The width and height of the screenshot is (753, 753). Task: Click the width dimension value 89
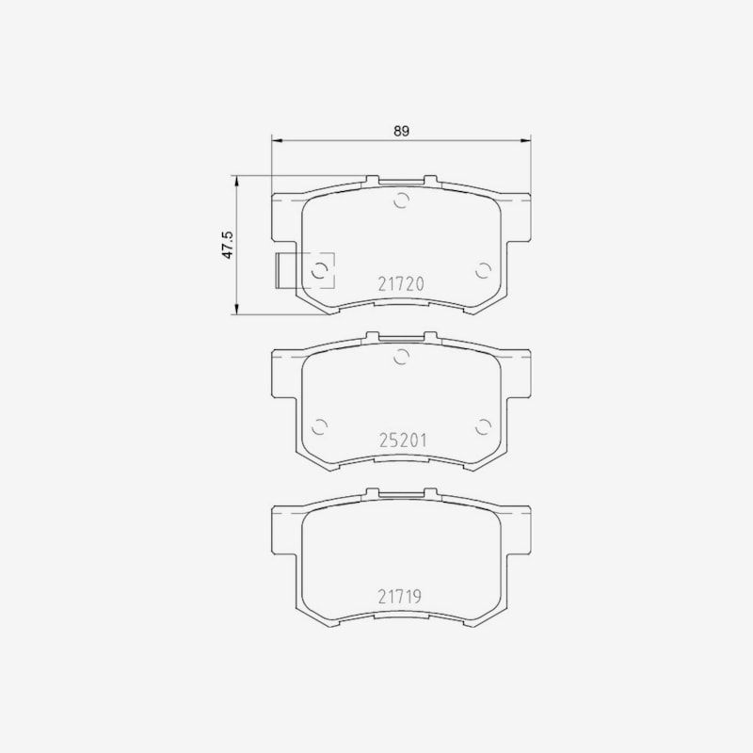coord(402,131)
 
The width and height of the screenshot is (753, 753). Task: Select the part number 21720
coord(401,284)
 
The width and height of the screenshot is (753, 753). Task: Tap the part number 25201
coord(403,440)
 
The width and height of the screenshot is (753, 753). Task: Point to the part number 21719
coord(399,597)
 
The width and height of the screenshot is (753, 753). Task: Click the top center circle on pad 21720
coord(402,200)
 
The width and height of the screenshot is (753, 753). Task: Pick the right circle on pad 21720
coord(483,271)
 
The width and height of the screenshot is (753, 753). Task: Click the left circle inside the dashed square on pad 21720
coord(319,271)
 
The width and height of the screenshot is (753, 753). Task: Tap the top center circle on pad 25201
coord(402,357)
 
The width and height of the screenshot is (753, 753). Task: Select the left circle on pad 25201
coord(319,426)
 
